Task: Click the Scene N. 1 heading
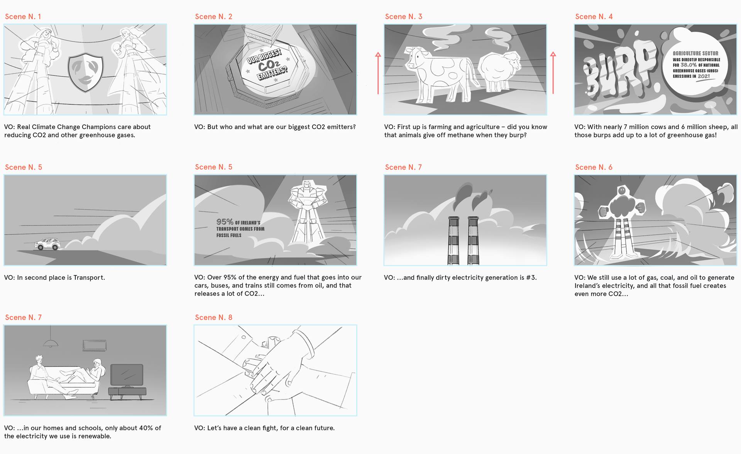(23, 17)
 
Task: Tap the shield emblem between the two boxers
(85, 72)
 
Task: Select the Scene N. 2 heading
(213, 17)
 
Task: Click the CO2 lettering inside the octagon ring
(269, 66)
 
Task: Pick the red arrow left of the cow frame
(378, 73)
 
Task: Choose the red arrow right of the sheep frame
(553, 73)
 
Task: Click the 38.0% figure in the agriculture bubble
(689, 65)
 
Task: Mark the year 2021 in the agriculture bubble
(704, 76)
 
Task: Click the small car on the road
(47, 244)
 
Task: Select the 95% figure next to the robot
(225, 222)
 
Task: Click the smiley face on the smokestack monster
(621, 190)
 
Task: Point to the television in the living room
(127, 375)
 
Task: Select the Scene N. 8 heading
(213, 318)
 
